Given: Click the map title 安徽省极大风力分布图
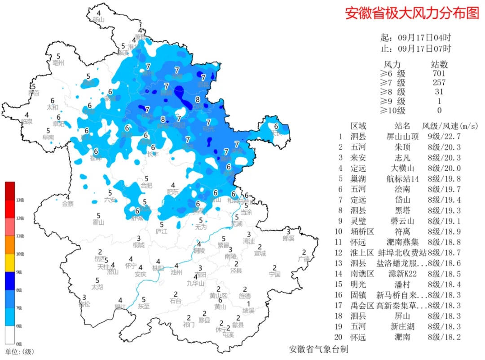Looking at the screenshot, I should [x=412, y=13].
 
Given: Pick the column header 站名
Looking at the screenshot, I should [x=402, y=126].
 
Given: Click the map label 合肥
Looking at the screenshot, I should [x=146, y=185].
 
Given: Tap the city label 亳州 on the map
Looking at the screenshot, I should [x=59, y=62].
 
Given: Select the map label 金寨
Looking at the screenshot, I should [x=67, y=204].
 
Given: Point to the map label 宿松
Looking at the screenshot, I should [x=84, y=304].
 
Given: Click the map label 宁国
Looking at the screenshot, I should [x=274, y=274].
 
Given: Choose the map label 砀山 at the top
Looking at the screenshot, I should [x=98, y=20].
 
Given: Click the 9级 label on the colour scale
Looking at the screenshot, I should [x=19, y=272].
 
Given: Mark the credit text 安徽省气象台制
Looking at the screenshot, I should [x=318, y=349].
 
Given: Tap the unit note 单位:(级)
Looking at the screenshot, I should [x=19, y=351].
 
